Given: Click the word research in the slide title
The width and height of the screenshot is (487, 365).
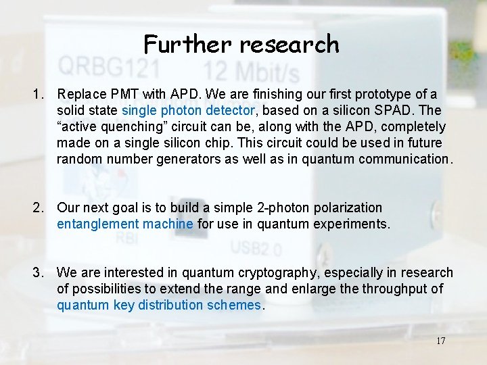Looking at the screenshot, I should [x=289, y=45].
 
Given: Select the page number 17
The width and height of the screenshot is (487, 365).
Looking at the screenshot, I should [x=440, y=341].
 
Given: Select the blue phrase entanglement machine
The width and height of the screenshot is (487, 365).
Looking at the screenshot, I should [x=125, y=224].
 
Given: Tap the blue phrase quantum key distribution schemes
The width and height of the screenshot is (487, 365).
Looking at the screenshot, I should [x=158, y=305].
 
